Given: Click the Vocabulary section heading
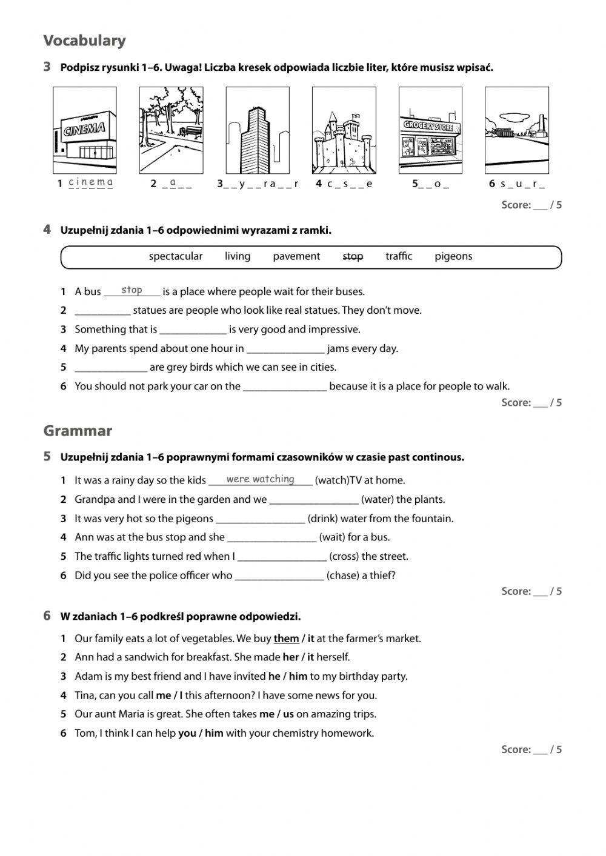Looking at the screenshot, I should click(x=84, y=41).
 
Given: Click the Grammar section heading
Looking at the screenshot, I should click(x=78, y=431).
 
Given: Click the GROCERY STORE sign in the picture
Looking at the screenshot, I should click(x=429, y=126).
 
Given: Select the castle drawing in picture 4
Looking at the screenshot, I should click(x=343, y=142).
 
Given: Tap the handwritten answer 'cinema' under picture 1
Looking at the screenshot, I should click(x=90, y=182).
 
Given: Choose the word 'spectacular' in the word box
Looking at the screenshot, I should click(x=176, y=256).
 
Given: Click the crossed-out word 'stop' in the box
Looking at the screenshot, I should click(x=353, y=256).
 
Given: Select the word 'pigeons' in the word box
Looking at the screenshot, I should click(x=453, y=256).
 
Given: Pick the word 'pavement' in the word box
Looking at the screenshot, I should click(x=296, y=256).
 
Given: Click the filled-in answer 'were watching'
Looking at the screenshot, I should click(x=260, y=479).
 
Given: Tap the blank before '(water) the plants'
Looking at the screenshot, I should click(x=313, y=500).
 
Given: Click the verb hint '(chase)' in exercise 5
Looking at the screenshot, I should click(x=342, y=576).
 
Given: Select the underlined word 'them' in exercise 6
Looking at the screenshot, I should click(x=286, y=639).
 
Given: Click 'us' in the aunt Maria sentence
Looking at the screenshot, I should click(x=288, y=714).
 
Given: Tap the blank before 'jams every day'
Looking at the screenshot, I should click(x=285, y=349).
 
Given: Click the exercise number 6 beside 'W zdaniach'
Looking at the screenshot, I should click(x=47, y=616).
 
